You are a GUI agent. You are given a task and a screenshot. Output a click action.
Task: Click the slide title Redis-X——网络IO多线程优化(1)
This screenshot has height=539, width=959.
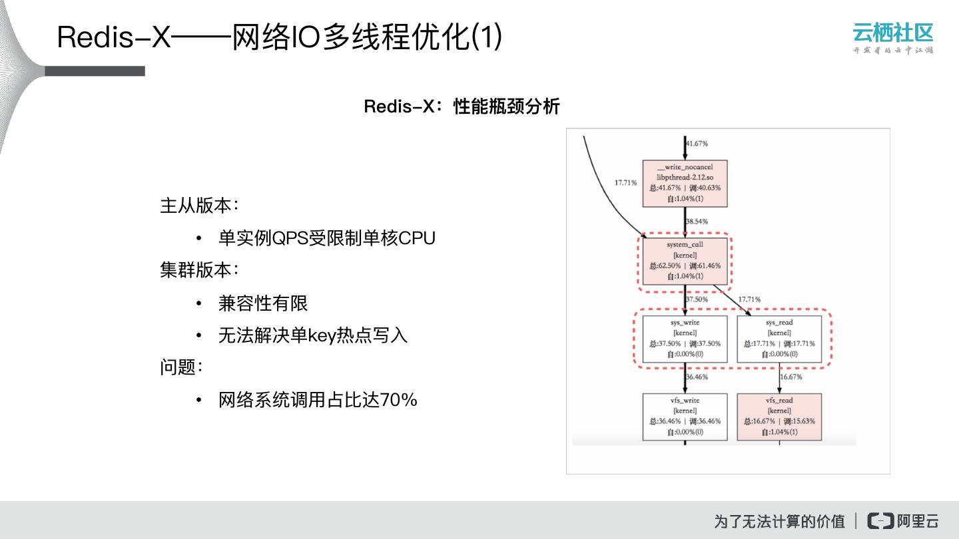click(x=280, y=37)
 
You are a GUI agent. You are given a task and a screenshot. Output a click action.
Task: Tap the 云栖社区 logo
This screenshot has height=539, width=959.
click(x=892, y=38)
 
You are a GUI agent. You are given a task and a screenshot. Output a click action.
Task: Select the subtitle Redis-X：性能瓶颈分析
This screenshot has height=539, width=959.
click(x=462, y=106)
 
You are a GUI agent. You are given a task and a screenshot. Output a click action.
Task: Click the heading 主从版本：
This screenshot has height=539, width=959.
click(x=199, y=206)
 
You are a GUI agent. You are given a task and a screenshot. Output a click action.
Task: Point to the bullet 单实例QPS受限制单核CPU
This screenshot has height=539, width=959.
click(x=326, y=238)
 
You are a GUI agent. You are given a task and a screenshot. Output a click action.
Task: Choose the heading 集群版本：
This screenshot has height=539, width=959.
click(x=199, y=270)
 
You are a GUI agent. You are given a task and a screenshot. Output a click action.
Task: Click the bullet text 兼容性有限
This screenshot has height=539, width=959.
click(x=263, y=303)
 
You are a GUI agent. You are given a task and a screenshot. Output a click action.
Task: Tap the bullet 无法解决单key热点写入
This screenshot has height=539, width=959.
click(x=312, y=335)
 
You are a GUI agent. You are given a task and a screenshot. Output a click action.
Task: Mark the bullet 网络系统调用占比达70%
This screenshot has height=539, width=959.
click(x=318, y=400)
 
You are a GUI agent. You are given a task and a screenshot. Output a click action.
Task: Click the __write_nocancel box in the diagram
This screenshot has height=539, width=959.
click(x=685, y=183)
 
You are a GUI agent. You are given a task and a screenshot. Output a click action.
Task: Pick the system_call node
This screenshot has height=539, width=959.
click(x=685, y=261)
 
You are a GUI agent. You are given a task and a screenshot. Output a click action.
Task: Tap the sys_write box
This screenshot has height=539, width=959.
click(x=685, y=339)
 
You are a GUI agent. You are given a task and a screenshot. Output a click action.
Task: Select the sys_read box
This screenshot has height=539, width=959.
click(x=779, y=339)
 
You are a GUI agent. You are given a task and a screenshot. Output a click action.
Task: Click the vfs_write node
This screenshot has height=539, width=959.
click(x=685, y=417)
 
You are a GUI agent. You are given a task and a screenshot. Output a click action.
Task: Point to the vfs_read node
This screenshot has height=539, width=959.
click(x=779, y=417)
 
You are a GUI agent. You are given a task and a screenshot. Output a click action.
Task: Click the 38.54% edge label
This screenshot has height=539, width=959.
click(x=697, y=222)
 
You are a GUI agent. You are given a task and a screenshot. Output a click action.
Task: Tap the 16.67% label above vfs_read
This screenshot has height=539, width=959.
click(x=791, y=377)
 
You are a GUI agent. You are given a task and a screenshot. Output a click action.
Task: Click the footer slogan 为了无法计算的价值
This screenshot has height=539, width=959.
click(x=779, y=521)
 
